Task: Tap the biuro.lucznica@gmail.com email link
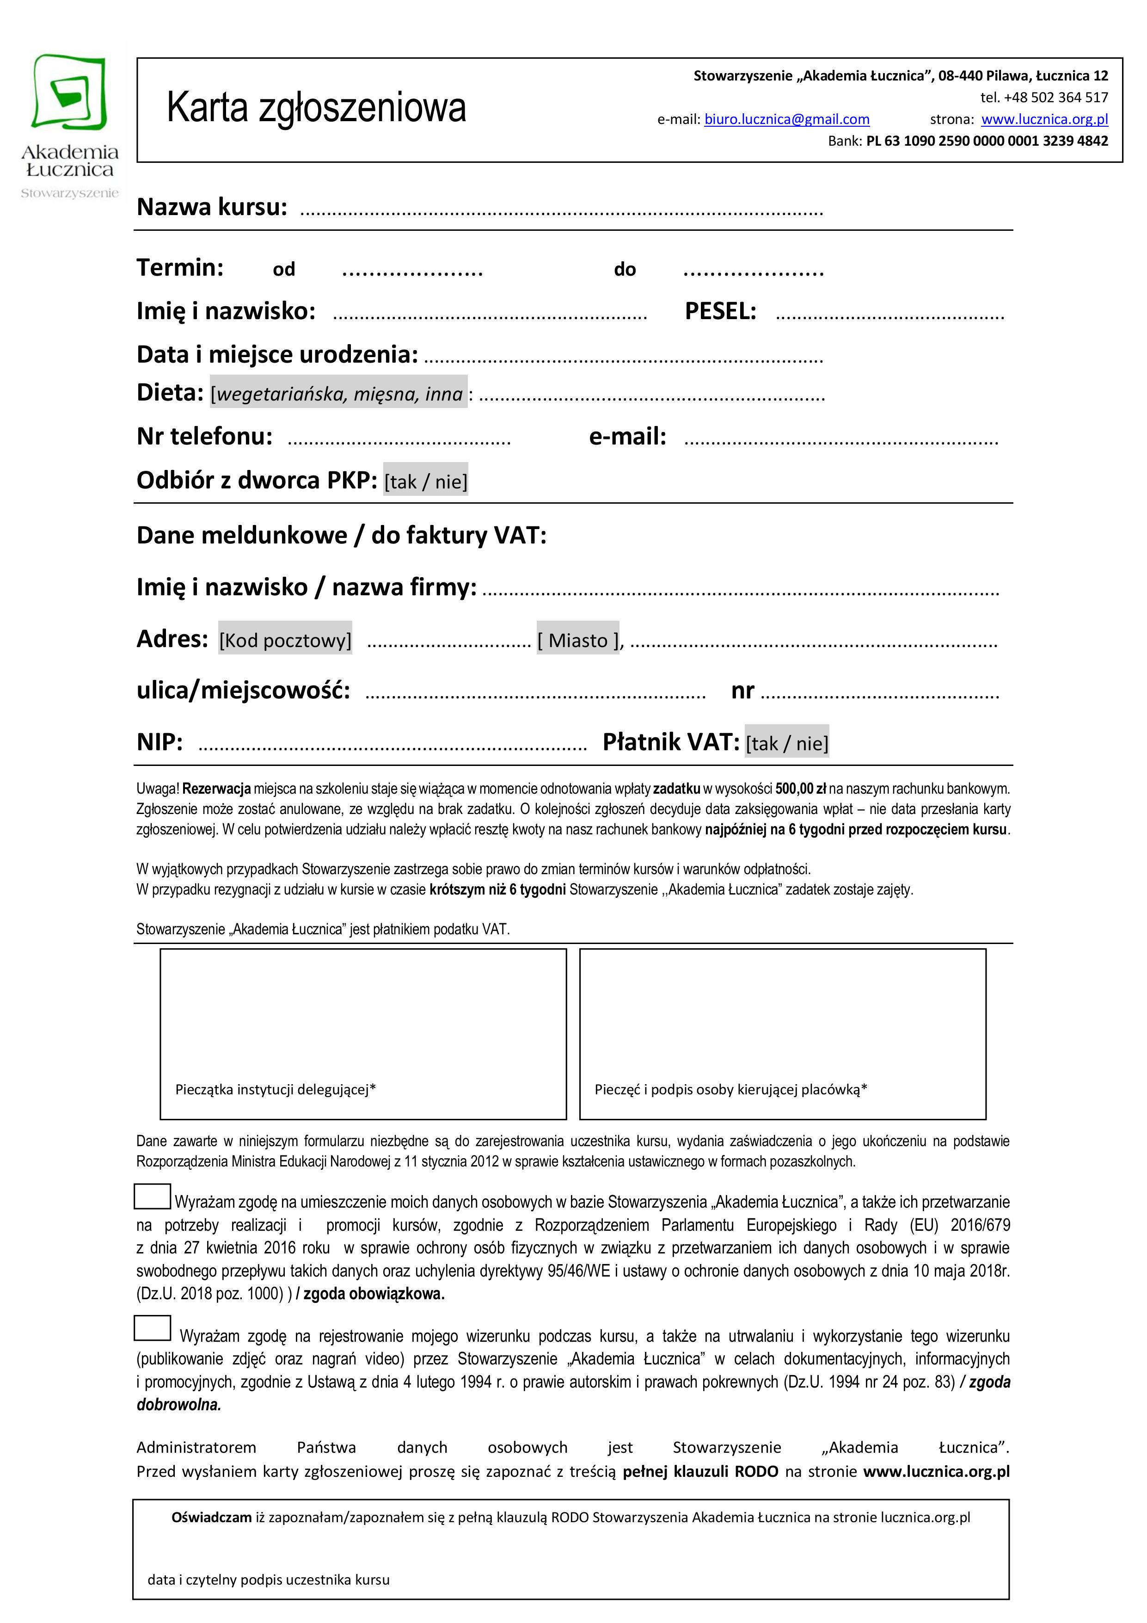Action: [x=786, y=119]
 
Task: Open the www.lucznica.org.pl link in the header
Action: [x=1044, y=119]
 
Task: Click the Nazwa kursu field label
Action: [x=212, y=207]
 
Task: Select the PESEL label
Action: [x=720, y=311]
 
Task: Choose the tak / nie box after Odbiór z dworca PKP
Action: [x=425, y=481]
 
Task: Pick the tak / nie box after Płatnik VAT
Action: [x=786, y=743]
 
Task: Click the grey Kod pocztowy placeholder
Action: [x=285, y=640]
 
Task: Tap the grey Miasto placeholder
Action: [x=577, y=640]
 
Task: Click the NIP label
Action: [x=159, y=742]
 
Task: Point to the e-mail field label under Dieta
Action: [x=627, y=437]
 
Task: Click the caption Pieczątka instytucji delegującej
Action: [x=275, y=1089]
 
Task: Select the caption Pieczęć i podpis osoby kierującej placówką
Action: [x=730, y=1089]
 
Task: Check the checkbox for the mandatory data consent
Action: [x=153, y=1196]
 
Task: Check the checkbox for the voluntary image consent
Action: [x=153, y=1327]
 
